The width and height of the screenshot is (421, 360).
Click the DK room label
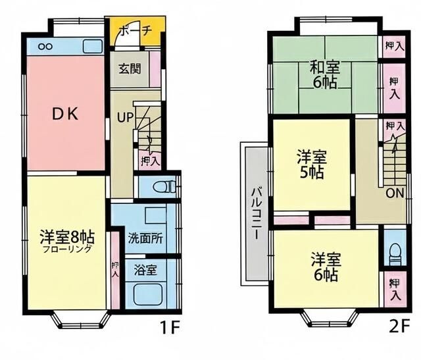65,114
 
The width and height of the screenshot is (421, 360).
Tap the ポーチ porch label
136,31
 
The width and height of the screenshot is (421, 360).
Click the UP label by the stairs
124,118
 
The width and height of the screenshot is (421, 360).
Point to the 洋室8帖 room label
65,236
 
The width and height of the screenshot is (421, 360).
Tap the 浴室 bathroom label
145,269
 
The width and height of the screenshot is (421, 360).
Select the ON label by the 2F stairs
394,193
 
